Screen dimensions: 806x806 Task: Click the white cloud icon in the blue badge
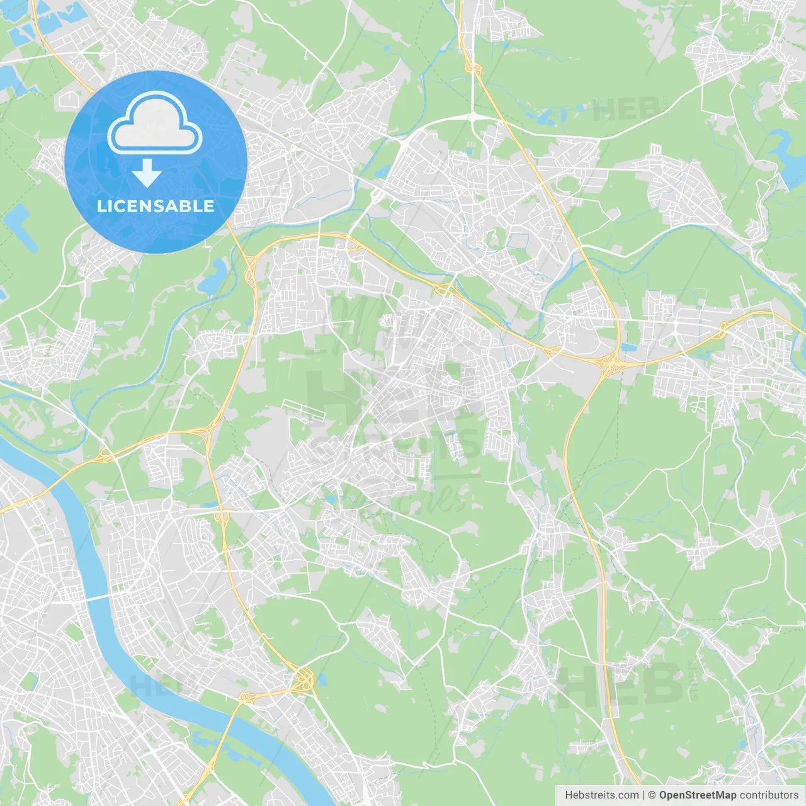155,123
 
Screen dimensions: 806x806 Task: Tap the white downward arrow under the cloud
147,173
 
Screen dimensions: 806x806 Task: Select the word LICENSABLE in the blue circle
156,206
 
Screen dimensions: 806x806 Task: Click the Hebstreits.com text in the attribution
601,795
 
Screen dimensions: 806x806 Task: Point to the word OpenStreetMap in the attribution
697,795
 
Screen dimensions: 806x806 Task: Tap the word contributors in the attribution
769,795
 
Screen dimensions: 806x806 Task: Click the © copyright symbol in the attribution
652,795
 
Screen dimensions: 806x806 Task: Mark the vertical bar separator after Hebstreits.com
644,795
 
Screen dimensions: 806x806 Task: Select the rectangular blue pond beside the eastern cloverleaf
629,347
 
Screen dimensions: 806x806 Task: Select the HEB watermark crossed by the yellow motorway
620,683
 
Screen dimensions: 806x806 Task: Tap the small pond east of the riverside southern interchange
323,680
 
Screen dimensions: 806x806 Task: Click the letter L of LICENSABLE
101,206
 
